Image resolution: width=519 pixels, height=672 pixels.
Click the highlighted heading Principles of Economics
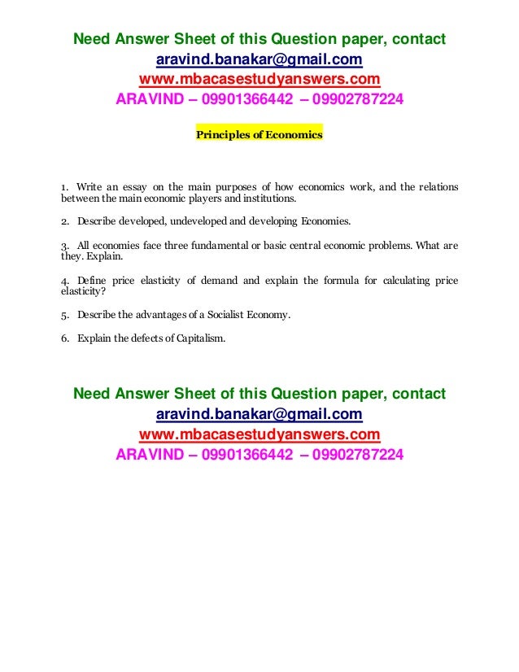point(259,135)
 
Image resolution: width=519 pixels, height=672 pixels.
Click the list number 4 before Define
point(64,281)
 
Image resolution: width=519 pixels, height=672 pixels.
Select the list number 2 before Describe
point(64,221)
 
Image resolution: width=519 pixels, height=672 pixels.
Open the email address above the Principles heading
point(259,60)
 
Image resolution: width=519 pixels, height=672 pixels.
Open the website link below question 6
point(259,434)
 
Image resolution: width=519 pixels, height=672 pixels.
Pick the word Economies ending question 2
point(325,221)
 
